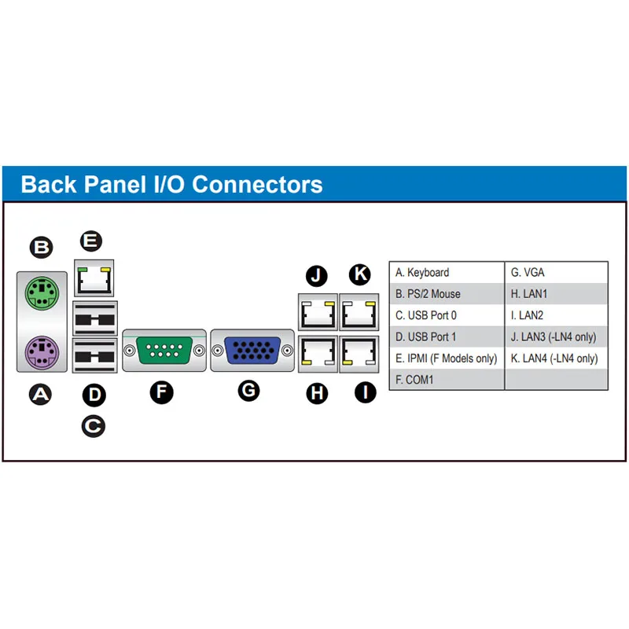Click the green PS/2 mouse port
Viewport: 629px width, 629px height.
tap(42, 293)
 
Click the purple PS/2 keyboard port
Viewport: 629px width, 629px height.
tap(42, 352)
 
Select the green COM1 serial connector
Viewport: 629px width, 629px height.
tap(164, 351)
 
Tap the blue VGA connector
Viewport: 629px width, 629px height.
tap(252, 351)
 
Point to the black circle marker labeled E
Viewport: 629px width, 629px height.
tap(91, 241)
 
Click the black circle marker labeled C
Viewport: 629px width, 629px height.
tap(94, 426)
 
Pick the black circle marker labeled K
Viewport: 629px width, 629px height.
tap(360, 274)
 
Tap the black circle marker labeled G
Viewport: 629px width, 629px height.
tap(248, 391)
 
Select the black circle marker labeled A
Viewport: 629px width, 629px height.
tap(41, 395)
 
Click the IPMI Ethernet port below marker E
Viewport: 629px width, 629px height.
tap(94, 278)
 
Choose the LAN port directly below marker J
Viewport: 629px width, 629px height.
tap(318, 312)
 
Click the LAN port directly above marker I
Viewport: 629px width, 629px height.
tap(359, 355)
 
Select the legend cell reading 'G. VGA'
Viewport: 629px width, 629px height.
tap(557, 272)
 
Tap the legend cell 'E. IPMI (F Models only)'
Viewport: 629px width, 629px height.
tap(447, 359)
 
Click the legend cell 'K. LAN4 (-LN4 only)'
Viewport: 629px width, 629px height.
tap(557, 359)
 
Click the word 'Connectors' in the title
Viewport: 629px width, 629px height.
tap(257, 185)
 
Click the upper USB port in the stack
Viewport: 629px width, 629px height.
tap(95, 318)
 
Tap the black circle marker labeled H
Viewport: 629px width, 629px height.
tap(317, 393)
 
